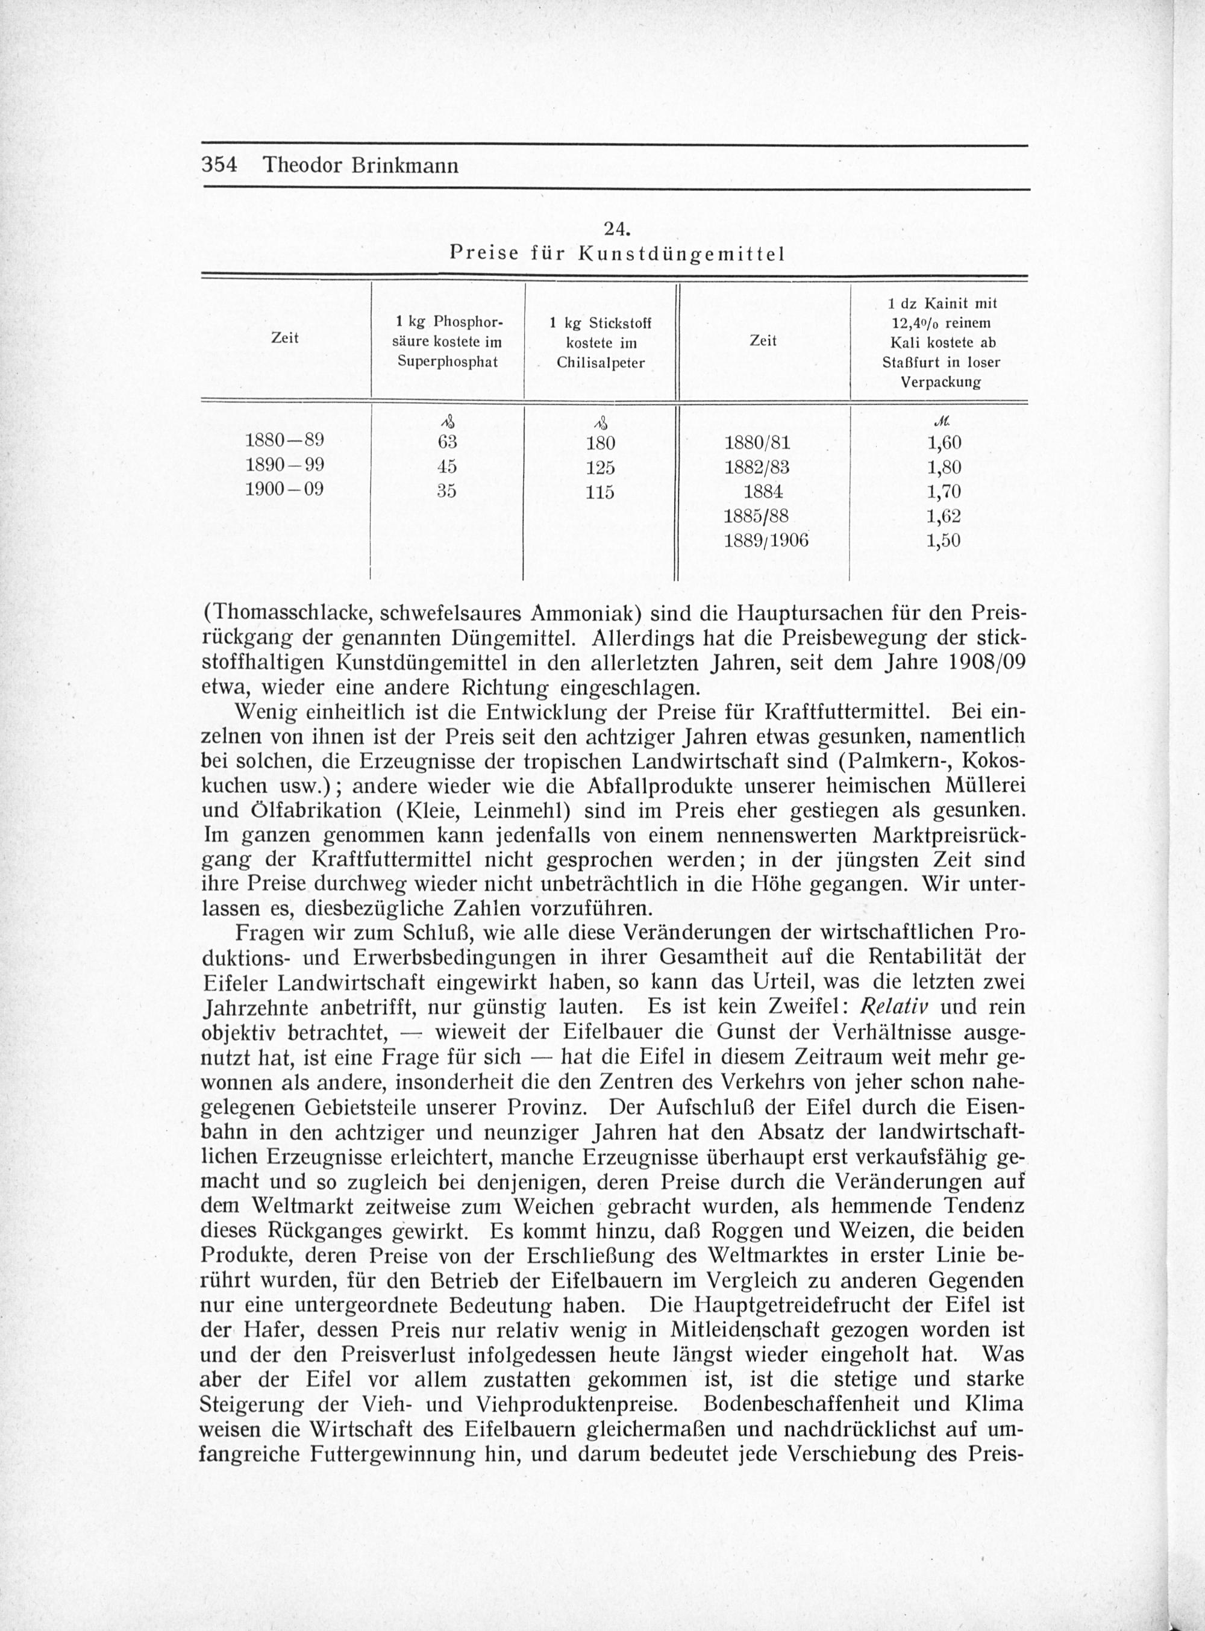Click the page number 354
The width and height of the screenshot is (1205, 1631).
pyautogui.click(x=219, y=165)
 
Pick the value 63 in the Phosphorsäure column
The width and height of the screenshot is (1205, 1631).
pyautogui.click(x=446, y=442)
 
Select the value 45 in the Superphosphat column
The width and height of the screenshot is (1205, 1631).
pyautogui.click(x=446, y=466)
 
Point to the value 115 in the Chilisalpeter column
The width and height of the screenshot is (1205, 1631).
pyautogui.click(x=600, y=492)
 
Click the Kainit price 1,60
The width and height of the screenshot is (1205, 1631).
pyautogui.click(x=944, y=442)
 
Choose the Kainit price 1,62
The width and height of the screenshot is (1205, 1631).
pyautogui.click(x=944, y=516)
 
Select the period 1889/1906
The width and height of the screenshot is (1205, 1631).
pyautogui.click(x=765, y=540)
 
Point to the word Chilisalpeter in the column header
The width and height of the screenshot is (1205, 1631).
pyautogui.click(x=600, y=363)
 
